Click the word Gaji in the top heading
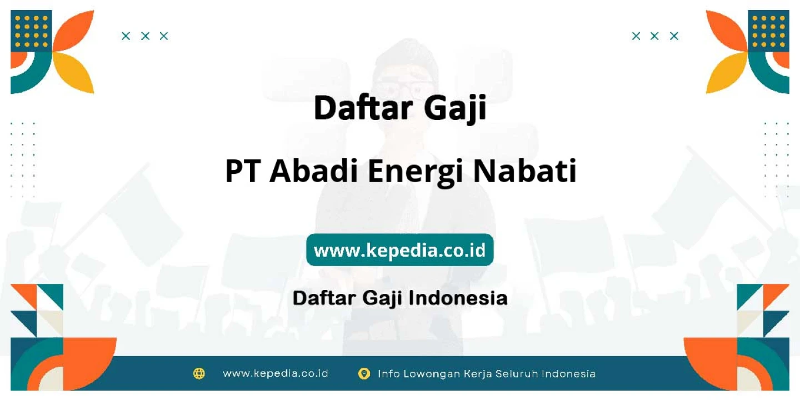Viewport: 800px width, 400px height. point(455,108)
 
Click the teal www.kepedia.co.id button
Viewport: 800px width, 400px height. point(399,249)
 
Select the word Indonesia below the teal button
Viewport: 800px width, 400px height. point(458,298)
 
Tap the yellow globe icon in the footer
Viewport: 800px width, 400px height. point(199,373)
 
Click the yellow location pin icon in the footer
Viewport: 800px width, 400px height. point(364,373)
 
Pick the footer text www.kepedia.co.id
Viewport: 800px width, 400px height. point(276,373)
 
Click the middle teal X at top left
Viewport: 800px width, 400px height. point(145,36)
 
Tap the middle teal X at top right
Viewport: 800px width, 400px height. point(654,36)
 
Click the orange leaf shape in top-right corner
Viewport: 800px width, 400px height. point(726,31)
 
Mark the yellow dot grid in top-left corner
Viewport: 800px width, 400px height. point(31,31)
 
